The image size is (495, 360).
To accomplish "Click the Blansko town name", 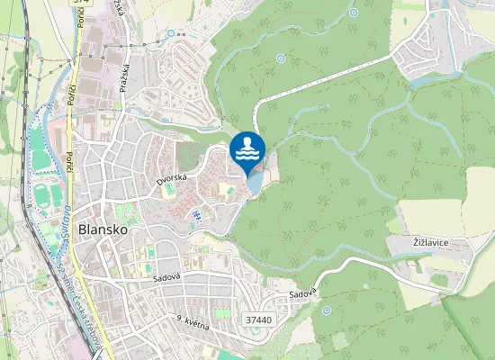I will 103,229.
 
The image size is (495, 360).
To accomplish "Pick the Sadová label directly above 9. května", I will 168,279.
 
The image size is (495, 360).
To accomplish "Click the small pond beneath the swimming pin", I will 256,183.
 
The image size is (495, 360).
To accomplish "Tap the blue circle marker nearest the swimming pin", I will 281,58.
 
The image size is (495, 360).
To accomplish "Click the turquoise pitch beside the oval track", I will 58,193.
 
